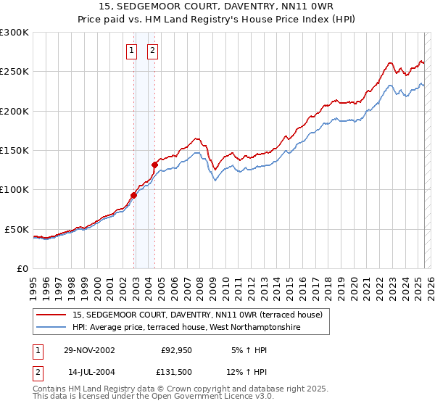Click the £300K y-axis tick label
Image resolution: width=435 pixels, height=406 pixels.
coord(14,33)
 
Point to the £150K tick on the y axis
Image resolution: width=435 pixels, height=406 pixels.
coord(14,151)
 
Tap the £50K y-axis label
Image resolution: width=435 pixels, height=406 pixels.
coord(17,229)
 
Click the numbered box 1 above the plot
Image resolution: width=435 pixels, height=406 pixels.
coord(131,51)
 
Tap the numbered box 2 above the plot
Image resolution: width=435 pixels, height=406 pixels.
coord(154,51)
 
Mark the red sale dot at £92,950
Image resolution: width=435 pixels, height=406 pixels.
coord(134,194)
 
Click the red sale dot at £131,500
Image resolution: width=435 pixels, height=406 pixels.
coord(154,165)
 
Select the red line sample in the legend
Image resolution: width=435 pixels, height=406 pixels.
coord(52,315)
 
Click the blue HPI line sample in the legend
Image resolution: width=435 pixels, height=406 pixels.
coord(52,327)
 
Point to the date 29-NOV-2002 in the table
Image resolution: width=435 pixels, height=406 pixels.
coord(90,350)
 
